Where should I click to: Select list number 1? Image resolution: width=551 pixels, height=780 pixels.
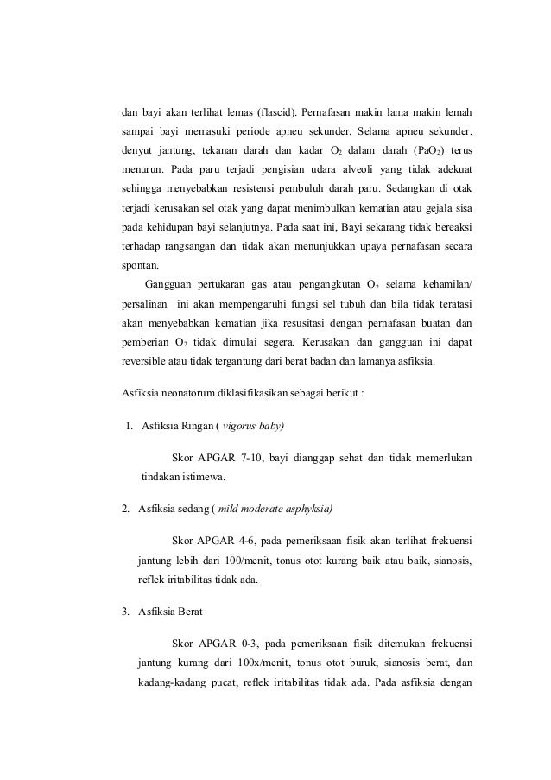click(x=127, y=428)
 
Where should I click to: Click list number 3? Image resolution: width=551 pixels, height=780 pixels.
click(x=125, y=614)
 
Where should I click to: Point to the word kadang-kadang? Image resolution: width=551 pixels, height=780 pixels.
click(x=174, y=682)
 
